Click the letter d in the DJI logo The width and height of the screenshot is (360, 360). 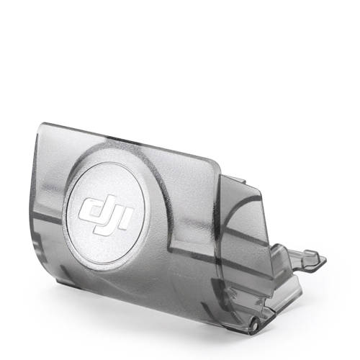[x=92, y=208]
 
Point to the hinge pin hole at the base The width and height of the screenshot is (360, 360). [x=255, y=325]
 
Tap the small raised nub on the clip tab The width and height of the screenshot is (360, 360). [x=311, y=253]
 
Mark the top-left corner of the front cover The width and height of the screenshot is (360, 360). [x=41, y=124]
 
